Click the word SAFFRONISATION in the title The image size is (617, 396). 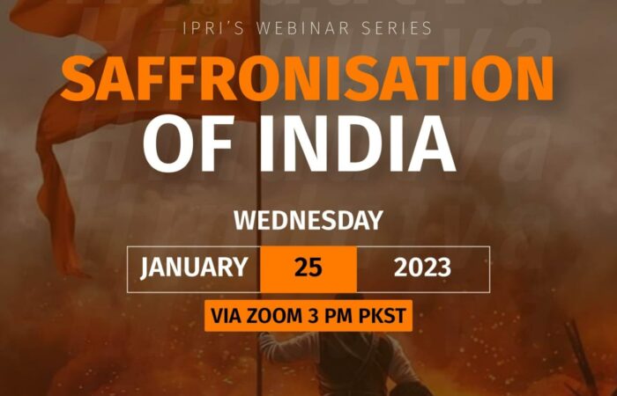[308, 78]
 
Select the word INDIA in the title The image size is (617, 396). [358, 143]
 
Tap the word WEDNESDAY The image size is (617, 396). [308, 220]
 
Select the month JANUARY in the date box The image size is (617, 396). [194, 268]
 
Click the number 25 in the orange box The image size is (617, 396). [308, 268]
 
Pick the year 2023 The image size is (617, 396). [422, 268]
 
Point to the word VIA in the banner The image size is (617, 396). [228, 315]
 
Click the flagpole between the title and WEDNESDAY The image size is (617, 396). [258, 193]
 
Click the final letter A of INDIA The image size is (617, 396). [430, 143]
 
